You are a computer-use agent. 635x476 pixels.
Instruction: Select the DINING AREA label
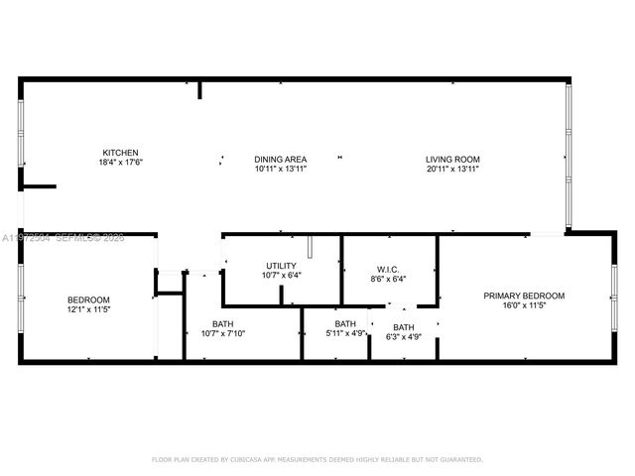tap(280, 159)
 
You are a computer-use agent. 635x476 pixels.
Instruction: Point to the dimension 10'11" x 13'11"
tap(280, 169)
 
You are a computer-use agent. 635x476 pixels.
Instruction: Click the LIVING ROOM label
tap(452, 159)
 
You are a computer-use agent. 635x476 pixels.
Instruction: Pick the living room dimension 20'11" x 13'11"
tap(452, 169)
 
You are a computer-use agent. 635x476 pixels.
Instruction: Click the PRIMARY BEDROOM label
tap(524, 296)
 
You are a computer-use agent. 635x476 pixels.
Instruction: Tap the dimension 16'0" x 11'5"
tap(524, 305)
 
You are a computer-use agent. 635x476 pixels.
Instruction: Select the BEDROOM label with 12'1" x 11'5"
tap(88, 299)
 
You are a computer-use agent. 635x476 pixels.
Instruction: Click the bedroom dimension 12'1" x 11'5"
tap(88, 309)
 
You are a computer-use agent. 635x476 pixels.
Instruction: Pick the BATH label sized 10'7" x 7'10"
tap(222, 323)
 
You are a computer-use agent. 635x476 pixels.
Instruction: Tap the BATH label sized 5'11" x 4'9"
tap(345, 323)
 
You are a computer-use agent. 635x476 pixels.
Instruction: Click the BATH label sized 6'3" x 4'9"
tap(404, 327)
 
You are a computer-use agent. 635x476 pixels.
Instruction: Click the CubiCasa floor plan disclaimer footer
tap(317, 459)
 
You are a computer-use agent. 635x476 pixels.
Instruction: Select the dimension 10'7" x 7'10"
tap(222, 333)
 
